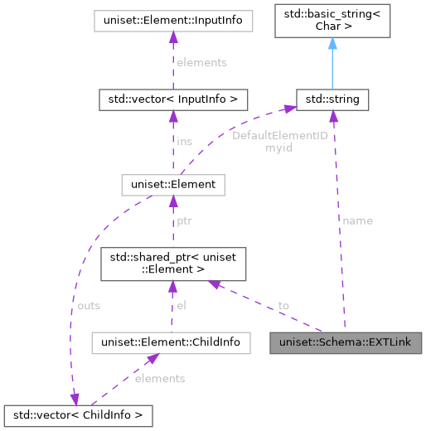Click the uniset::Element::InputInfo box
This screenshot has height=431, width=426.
click(172, 19)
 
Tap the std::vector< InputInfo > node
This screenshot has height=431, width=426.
click(172, 100)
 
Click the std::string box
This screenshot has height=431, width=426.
click(332, 100)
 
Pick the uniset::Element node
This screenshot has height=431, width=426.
click(172, 183)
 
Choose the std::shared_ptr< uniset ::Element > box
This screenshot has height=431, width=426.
click(172, 264)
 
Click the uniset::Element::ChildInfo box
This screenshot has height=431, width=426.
click(170, 341)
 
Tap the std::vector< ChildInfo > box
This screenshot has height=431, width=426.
click(78, 413)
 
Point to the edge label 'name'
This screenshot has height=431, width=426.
click(357, 220)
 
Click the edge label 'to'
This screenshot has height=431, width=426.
click(283, 306)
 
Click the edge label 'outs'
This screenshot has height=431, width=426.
click(88, 306)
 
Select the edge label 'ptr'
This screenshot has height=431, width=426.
click(186, 223)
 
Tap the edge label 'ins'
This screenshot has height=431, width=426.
click(184, 142)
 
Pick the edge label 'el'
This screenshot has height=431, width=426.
click(182, 306)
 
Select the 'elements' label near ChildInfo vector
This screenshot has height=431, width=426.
click(161, 378)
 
